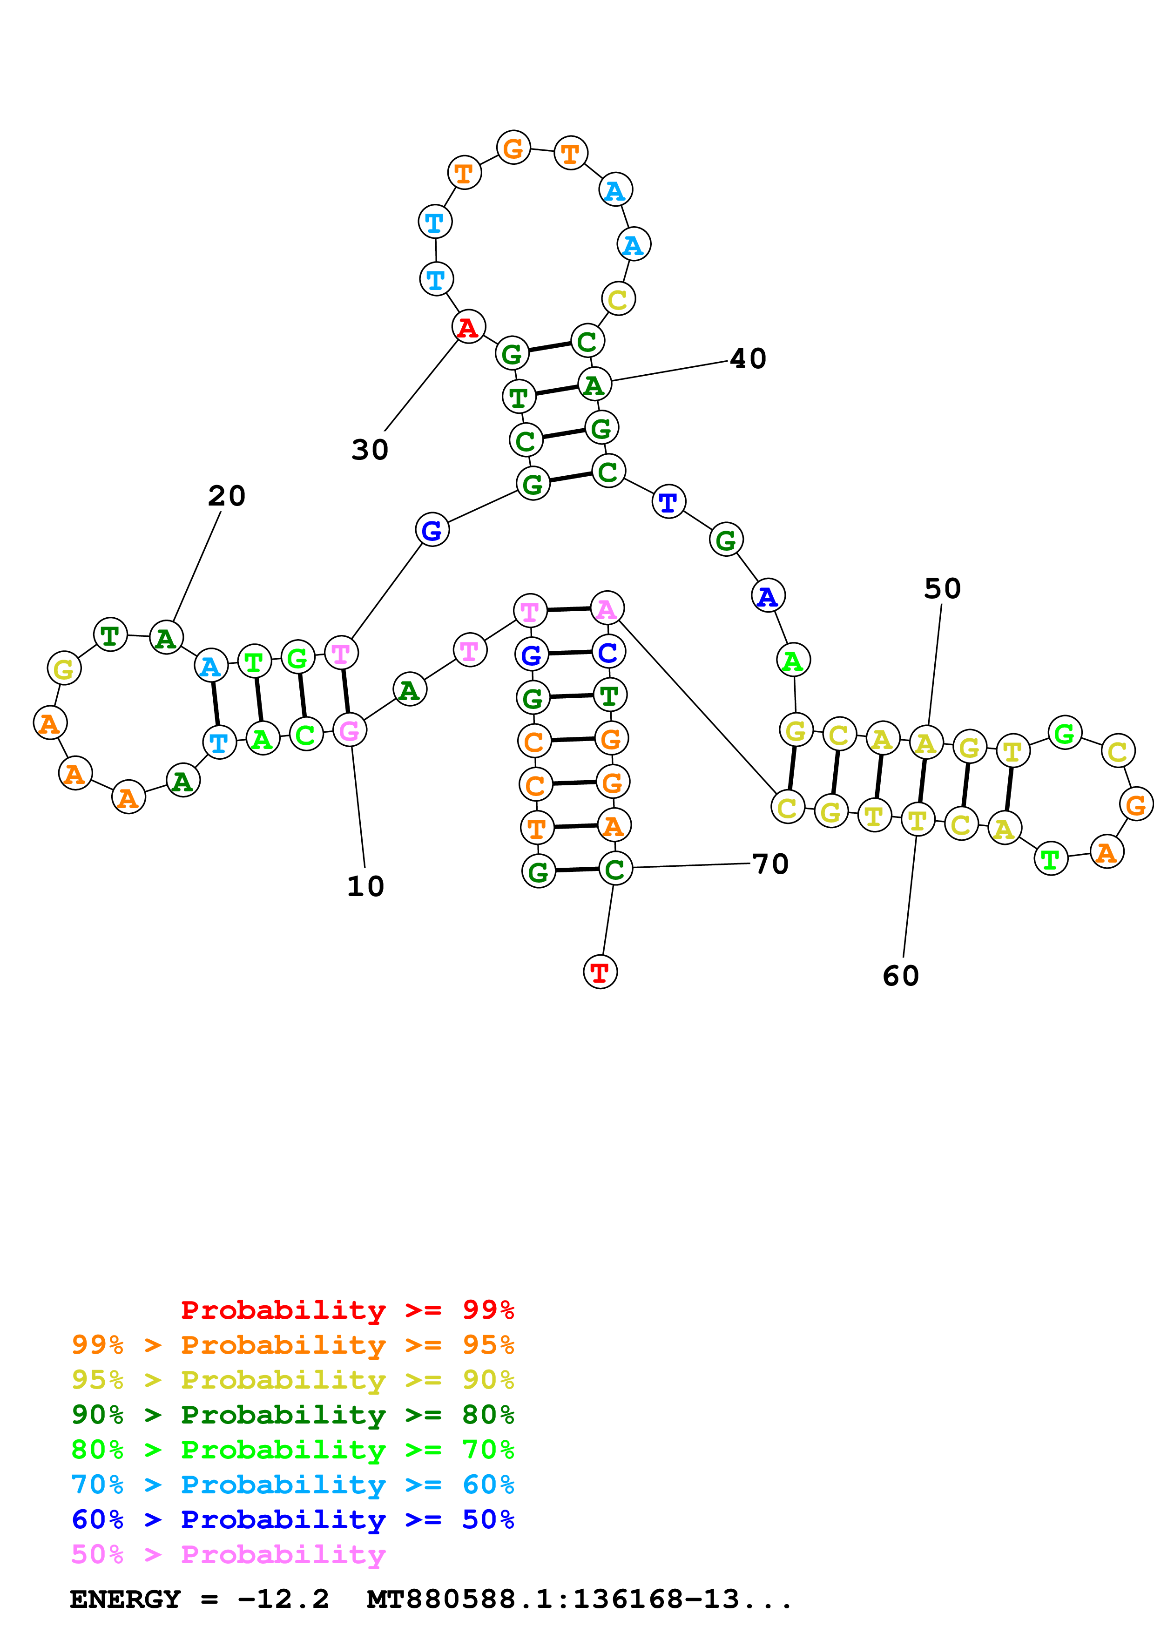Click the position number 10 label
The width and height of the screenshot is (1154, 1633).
[x=365, y=886]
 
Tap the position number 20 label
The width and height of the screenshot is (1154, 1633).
[x=227, y=496]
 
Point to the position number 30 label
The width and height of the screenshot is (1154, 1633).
[x=370, y=450]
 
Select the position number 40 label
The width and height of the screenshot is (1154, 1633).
[x=748, y=358]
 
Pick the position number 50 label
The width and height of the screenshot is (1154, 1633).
[x=942, y=588]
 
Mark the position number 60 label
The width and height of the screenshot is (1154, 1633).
[x=901, y=976]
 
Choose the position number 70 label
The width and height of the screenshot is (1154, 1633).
[x=770, y=864]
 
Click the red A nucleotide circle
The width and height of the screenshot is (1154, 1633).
[x=468, y=327]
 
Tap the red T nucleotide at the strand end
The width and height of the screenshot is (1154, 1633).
[x=600, y=972]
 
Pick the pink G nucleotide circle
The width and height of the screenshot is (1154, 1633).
[x=349, y=730]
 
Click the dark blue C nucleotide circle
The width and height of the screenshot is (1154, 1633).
[x=608, y=652]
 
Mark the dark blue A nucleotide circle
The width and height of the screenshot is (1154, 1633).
[x=768, y=596]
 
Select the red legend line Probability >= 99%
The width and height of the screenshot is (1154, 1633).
[x=347, y=1309]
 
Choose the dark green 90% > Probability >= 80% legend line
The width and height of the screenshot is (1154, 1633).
[x=292, y=1415]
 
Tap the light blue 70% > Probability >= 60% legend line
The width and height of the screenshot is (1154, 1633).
[x=292, y=1485]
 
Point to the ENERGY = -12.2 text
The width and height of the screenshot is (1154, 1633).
[x=199, y=1599]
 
